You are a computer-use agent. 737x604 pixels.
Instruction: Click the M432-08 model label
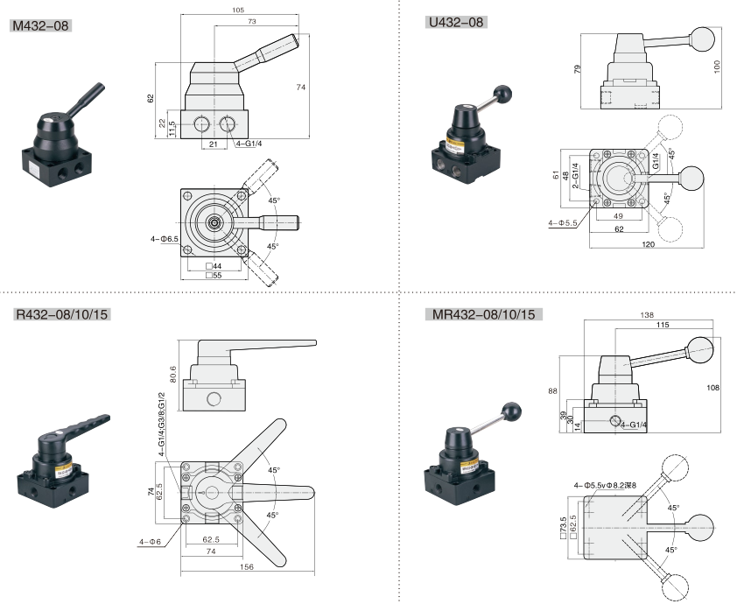point(39,25)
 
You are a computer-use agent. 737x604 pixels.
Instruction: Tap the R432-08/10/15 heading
point(62,313)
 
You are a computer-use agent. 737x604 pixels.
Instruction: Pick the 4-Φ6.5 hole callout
point(164,237)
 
